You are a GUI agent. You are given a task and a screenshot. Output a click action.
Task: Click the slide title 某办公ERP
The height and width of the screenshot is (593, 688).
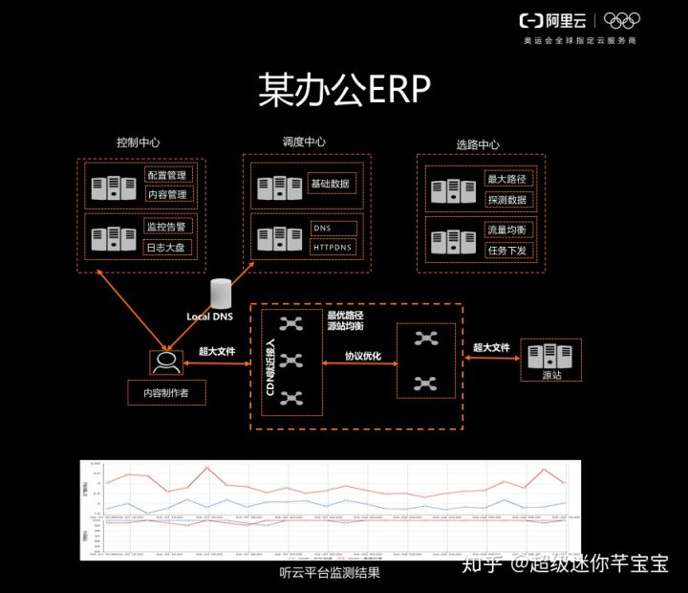coord(343,89)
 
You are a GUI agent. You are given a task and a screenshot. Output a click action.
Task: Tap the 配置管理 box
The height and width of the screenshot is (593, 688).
coord(167,175)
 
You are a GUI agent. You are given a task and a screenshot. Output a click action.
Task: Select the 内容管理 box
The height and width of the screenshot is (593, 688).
coord(167,194)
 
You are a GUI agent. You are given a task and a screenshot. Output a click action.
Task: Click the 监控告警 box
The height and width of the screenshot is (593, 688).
coord(167,227)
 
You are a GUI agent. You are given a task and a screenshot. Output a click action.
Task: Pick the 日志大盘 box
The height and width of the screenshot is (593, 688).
coord(167,247)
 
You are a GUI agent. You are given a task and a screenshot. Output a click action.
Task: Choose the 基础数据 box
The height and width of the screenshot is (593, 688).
coord(332,183)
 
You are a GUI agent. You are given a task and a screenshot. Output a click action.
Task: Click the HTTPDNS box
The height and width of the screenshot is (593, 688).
coord(333,247)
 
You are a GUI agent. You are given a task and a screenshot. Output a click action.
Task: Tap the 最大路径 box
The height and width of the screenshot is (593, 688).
coord(507,179)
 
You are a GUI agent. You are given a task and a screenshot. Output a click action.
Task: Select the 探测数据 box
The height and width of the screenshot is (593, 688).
coord(507,200)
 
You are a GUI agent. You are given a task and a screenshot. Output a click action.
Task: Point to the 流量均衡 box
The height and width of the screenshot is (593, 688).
coord(507,231)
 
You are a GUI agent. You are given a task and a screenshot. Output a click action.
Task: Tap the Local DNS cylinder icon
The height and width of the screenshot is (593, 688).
coord(222,294)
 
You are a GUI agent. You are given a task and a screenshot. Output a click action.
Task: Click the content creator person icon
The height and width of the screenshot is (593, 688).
coord(165,362)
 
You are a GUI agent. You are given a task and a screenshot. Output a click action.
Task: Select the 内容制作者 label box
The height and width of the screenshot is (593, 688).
coord(166,392)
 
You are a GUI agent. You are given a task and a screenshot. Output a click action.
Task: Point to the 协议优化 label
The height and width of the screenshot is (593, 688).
coord(362,357)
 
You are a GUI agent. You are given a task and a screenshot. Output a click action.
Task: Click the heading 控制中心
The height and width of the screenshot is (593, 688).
coord(138,143)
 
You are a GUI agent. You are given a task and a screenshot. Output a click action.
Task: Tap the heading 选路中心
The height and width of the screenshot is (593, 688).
coord(478,145)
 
